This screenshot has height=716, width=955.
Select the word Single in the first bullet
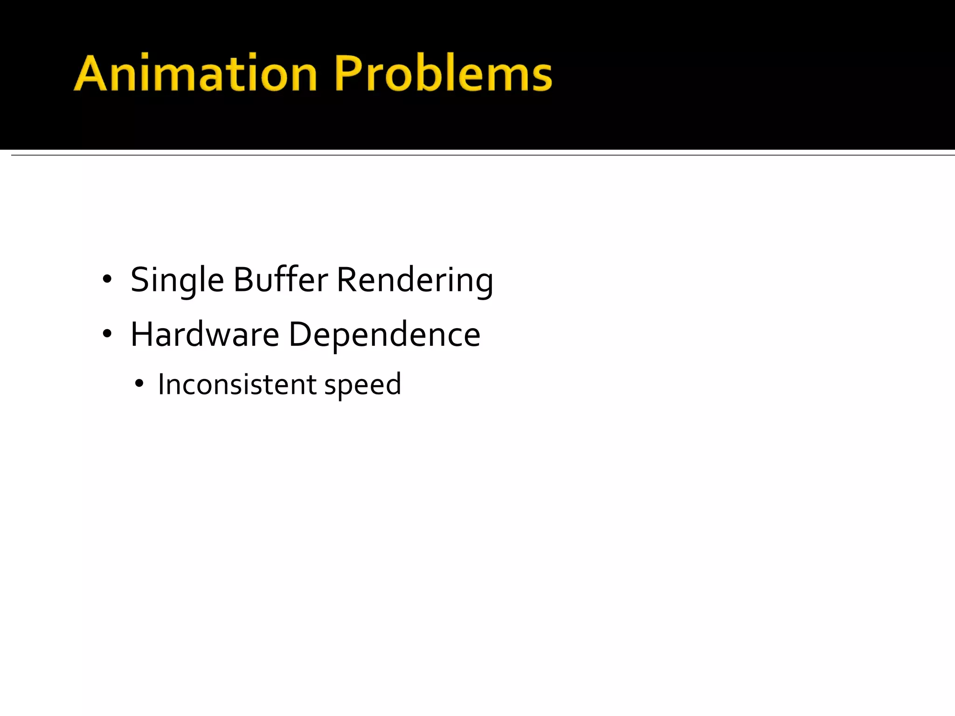point(177,281)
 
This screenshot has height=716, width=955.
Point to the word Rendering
point(415,281)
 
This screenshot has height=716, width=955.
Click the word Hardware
point(205,335)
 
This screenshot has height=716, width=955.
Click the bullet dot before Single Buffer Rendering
point(107,280)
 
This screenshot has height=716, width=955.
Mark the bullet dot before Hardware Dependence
point(107,334)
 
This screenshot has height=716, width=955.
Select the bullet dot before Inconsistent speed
point(138,384)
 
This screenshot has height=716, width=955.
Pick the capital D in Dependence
point(300,334)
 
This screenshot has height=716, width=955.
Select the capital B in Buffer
point(243,280)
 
